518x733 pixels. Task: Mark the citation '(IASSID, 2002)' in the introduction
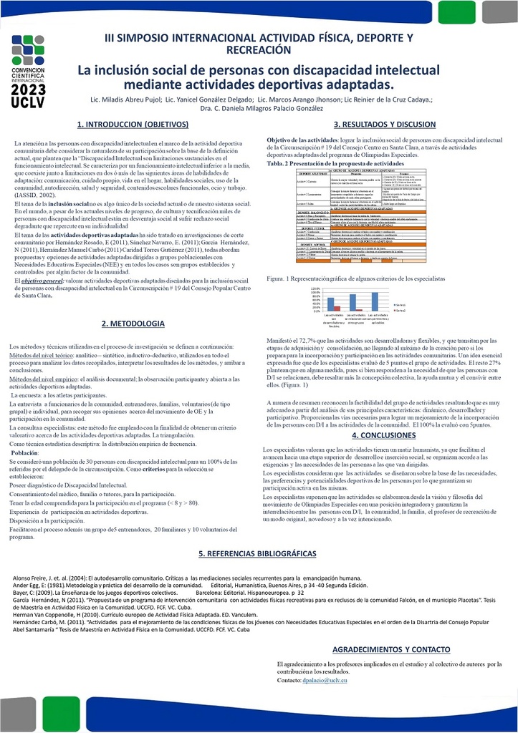click(35, 195)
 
